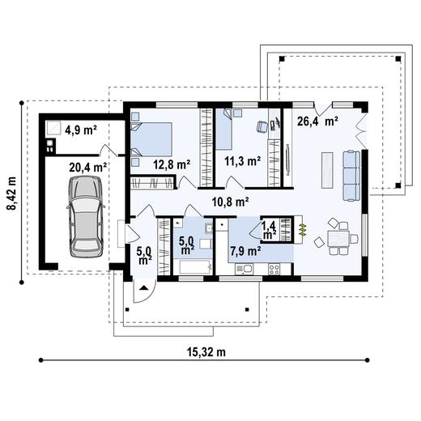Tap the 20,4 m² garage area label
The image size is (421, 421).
coord(88,167)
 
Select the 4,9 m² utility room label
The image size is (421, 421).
coord(82,128)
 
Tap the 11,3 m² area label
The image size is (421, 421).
coord(242,160)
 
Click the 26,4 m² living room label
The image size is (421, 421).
coord(317,122)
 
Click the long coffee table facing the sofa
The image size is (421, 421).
coord(326,169)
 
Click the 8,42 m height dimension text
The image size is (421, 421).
coord(11,193)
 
